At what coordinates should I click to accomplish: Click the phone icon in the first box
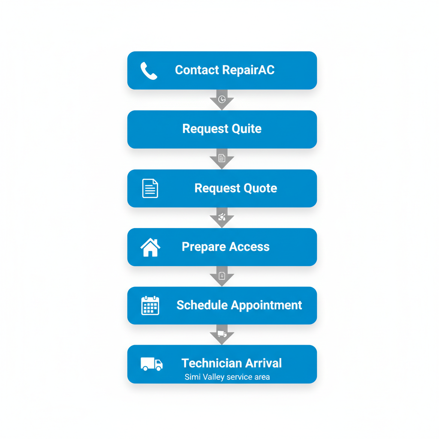point(149,71)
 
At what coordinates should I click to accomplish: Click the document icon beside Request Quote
point(150,188)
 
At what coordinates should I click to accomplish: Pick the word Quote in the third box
point(260,188)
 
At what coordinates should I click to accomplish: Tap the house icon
point(150,247)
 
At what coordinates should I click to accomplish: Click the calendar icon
point(150,306)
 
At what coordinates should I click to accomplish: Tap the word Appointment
point(267,305)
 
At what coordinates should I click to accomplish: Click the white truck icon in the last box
point(151,364)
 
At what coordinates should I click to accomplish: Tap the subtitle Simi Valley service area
point(227,377)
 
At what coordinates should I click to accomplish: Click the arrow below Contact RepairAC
point(222,100)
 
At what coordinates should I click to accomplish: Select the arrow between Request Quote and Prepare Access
point(222,217)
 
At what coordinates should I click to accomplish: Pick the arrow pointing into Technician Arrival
point(222,334)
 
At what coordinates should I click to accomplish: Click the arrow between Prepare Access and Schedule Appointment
point(222,276)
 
